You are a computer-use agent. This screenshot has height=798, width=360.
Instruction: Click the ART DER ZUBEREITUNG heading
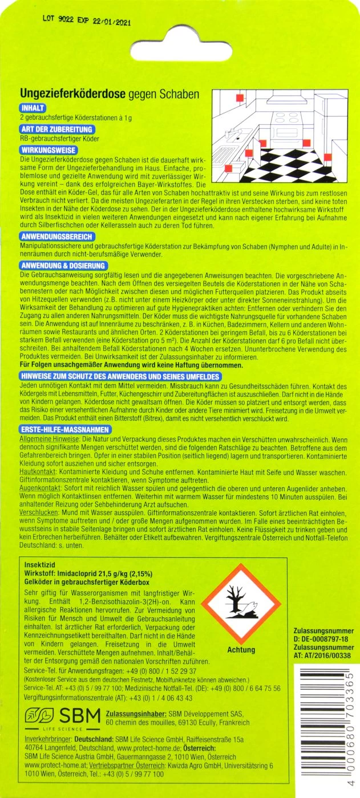(56, 129)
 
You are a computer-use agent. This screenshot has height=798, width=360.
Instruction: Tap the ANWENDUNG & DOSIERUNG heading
(63, 266)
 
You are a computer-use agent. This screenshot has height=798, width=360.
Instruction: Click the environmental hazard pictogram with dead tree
(242, 606)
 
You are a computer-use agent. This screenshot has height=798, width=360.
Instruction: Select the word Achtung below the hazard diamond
(241, 650)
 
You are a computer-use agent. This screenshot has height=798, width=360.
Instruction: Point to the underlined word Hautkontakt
(38, 473)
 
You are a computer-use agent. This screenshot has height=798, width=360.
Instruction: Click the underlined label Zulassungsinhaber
(136, 714)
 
